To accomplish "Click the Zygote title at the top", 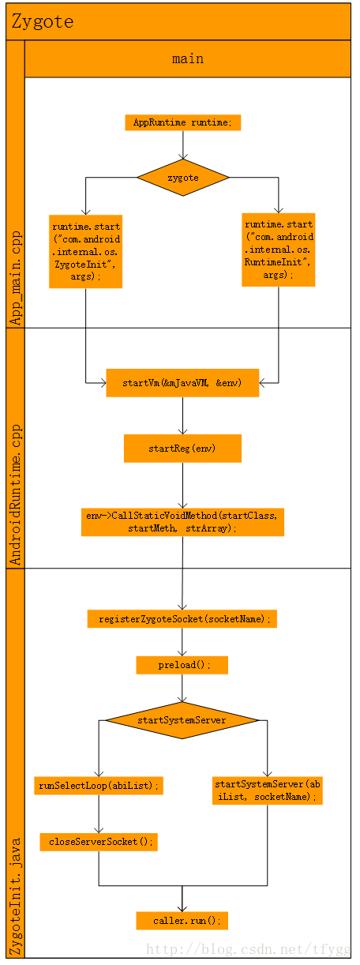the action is click(42, 21).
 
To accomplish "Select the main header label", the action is click(188, 58).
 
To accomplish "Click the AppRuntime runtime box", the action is click(183, 122).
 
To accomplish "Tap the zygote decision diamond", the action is click(183, 178).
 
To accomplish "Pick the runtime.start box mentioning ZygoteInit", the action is click(86, 252).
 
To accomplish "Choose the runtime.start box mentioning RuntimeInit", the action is click(279, 250).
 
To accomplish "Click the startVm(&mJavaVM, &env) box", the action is click(182, 383).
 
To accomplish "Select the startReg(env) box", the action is click(182, 449).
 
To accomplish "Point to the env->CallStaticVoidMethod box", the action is click(182, 522).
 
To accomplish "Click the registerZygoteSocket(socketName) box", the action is click(182, 619).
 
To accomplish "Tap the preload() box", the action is click(182, 665).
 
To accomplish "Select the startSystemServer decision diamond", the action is click(182, 720).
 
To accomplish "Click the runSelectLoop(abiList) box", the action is click(99, 786).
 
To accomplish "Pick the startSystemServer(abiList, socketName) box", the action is click(268, 790).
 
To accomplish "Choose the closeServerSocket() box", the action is click(99, 842).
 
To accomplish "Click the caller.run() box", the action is click(182, 921).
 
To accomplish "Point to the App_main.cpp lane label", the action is click(16, 278).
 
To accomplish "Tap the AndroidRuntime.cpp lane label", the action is click(16, 494).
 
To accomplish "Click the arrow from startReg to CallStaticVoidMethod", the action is click(182, 486).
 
